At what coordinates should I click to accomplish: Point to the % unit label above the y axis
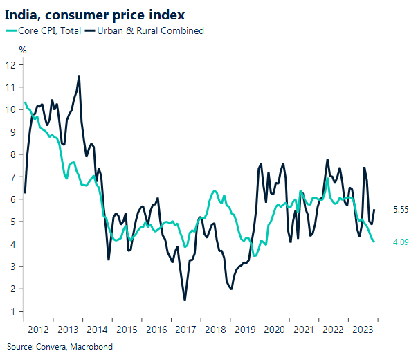pyautogui.click(x=22, y=50)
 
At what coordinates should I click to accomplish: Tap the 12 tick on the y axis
pyautogui.click(x=10, y=64)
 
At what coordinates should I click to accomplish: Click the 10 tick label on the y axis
pyautogui.click(x=10, y=109)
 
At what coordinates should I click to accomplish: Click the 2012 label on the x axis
pyautogui.click(x=38, y=329)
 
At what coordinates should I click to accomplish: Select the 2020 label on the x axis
pyautogui.click(x=275, y=329)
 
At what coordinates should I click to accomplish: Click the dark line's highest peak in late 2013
pyautogui.click(x=79, y=76)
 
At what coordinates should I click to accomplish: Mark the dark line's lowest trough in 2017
pyautogui.click(x=185, y=300)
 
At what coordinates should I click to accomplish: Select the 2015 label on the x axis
pyautogui.click(x=127, y=329)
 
